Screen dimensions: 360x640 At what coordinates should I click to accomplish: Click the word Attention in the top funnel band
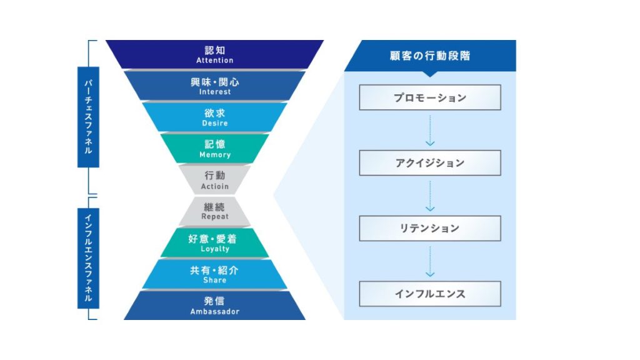pos(214,61)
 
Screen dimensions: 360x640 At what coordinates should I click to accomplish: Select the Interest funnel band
pos(214,86)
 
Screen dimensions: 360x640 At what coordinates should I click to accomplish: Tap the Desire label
pos(214,124)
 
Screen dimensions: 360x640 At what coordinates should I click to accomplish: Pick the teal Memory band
pos(214,148)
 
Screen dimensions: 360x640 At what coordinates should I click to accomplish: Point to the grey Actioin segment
pos(214,179)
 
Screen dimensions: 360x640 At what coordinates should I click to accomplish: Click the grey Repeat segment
pos(214,211)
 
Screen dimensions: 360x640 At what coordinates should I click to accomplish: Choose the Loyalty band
pos(214,242)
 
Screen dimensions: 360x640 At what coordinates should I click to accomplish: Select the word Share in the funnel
pos(214,281)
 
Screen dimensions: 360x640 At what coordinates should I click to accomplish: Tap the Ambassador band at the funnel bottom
pos(214,305)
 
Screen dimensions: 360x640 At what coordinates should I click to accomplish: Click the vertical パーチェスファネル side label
pos(88,117)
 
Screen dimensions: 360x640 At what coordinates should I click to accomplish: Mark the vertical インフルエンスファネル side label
pos(88,258)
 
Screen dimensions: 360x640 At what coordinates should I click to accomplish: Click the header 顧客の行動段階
pos(429,56)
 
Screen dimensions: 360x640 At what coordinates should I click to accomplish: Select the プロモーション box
pos(429,97)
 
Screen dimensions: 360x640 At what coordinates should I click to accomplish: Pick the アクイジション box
pos(429,162)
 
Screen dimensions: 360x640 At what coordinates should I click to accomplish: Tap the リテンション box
pos(429,228)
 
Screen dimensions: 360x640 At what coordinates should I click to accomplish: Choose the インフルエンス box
pos(429,293)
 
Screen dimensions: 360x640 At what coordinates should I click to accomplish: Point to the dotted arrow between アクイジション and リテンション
pos(429,196)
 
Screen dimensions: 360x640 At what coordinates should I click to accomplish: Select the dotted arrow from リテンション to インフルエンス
pos(429,261)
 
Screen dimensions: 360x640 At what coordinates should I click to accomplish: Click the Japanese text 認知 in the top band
pos(214,50)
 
